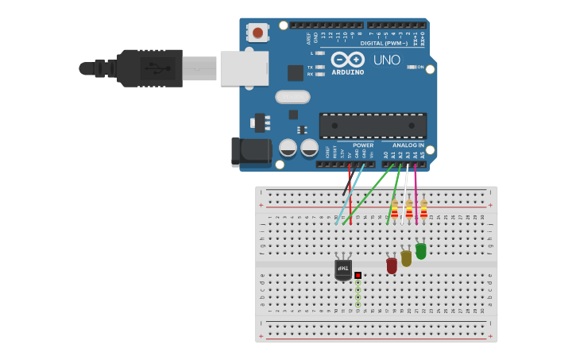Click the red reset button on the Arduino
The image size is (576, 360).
pyautogui.click(x=257, y=33)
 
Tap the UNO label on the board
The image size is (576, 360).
pyautogui.click(x=387, y=60)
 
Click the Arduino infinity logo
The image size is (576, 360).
pyautogui.click(x=347, y=60)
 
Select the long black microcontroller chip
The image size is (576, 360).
pyautogui.click(x=373, y=126)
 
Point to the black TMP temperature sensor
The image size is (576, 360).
pyautogui.click(x=343, y=270)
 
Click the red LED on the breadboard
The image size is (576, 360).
pyautogui.click(x=392, y=265)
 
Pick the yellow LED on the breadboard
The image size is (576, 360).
pyautogui.click(x=406, y=258)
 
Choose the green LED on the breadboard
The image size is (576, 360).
pyautogui.click(x=420, y=251)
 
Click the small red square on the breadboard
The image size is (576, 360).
pyautogui.click(x=358, y=275)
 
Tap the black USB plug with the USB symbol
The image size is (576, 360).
pyautogui.click(x=150, y=68)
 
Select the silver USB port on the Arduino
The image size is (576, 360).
pyautogui.click(x=244, y=68)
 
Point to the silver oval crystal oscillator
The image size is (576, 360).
pyautogui.click(x=292, y=97)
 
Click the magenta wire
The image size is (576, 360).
pyautogui.click(x=416, y=191)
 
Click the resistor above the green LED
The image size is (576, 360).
pyautogui.click(x=423, y=210)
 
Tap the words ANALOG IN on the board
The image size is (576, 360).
pyautogui.click(x=408, y=145)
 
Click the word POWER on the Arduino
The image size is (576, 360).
pyautogui.click(x=363, y=145)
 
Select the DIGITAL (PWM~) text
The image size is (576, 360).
pyautogui.click(x=384, y=43)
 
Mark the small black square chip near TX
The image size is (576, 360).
pyautogui.click(x=296, y=72)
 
